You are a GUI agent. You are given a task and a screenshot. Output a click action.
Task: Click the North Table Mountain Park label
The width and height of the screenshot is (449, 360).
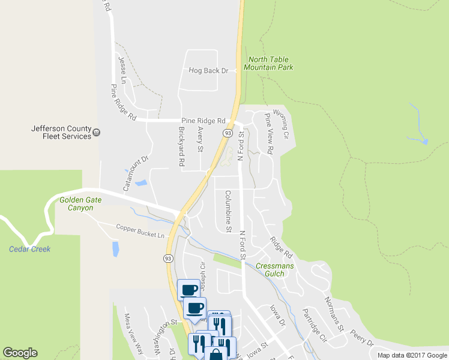270,64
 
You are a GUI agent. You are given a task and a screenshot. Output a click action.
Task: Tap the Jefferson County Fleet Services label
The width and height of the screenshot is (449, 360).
61,132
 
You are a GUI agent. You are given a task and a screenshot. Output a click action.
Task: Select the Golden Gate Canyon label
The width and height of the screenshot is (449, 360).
76,204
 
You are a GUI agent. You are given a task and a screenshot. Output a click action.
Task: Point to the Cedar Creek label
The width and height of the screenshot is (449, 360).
30,249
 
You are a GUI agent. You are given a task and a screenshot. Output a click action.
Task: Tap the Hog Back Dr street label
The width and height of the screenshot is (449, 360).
208,71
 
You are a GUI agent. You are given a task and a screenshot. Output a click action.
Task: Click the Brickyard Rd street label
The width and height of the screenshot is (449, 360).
181,146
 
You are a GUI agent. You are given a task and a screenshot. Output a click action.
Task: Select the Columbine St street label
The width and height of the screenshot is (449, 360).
228,211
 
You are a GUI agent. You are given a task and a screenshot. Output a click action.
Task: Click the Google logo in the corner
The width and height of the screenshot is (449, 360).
20,353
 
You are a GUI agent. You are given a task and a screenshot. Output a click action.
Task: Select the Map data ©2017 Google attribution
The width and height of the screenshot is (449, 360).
412,355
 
